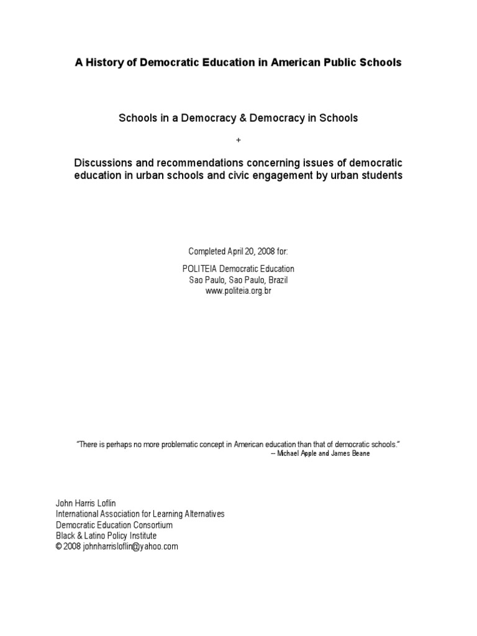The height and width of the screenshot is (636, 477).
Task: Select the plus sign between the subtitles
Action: tap(238, 140)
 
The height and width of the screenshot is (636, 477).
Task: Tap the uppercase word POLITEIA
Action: tap(205, 269)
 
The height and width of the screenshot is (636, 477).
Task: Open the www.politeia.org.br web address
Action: tap(238, 291)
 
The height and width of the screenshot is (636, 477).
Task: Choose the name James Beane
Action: tap(351, 454)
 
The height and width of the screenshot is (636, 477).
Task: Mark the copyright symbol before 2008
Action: tap(59, 547)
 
